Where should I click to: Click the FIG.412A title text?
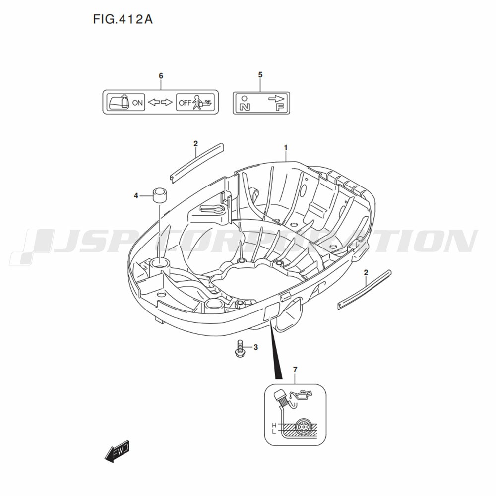coord(123,19)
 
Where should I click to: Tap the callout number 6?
coord(161,76)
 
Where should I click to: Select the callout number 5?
coord(260,75)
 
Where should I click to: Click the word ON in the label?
coord(137,103)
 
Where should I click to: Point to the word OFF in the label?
coord(185,103)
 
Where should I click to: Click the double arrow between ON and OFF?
coord(160,102)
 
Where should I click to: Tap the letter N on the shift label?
coord(245,107)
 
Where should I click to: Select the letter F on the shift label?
coord(280,107)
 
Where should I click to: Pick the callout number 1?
coord(285,148)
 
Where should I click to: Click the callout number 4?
coord(136,196)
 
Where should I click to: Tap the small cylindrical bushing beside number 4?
coord(160,196)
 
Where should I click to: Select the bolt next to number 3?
coord(240,349)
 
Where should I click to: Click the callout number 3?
coord(255,347)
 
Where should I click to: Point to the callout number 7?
coord(295,370)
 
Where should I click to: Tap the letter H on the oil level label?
coord(274,425)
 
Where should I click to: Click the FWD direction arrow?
coord(117,451)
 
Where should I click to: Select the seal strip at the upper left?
coord(197,163)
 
